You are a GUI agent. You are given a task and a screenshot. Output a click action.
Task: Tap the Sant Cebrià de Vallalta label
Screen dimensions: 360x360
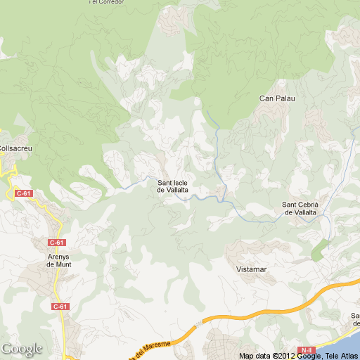click(300, 208)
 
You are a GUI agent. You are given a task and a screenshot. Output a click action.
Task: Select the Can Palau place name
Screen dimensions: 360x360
click(276, 98)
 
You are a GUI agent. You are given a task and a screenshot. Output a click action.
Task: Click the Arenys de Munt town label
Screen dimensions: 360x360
click(59, 260)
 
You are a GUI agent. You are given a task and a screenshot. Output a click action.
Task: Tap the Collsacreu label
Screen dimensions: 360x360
click(15, 148)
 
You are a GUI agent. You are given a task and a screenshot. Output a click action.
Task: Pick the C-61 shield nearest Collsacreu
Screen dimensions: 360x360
click(23, 193)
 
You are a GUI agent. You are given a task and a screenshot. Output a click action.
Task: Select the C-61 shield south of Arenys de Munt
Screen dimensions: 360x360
click(60, 307)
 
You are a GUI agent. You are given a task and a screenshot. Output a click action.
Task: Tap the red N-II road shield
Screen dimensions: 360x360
click(306, 350)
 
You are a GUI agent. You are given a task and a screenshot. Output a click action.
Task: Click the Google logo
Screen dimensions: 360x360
click(21, 349)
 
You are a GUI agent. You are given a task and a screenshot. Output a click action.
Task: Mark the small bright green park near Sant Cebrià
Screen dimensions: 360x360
click(319, 248)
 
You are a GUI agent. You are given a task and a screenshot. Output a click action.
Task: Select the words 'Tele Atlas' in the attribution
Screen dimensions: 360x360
click(340, 356)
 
